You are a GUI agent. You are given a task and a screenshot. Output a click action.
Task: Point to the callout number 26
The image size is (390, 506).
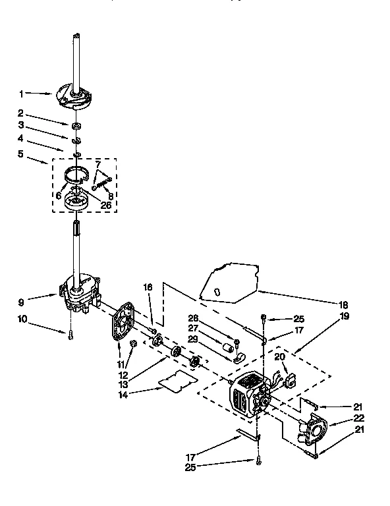click(106, 205)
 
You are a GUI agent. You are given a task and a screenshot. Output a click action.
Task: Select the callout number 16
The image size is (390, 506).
click(148, 288)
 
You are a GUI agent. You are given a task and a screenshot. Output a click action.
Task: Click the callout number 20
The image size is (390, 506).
click(279, 356)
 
